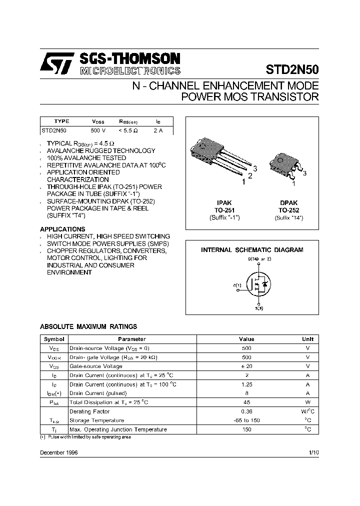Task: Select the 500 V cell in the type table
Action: pyautogui.click(x=98, y=130)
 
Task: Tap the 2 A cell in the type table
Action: pyautogui.click(x=158, y=130)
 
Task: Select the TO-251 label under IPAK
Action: pyautogui.click(x=224, y=210)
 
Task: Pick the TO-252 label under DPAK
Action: pyautogui.click(x=289, y=210)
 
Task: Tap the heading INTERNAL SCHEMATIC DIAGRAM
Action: pyautogui.click(x=252, y=249)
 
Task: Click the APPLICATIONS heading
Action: pyautogui.click(x=59, y=229)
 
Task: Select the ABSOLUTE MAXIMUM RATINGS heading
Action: pyautogui.click(x=88, y=326)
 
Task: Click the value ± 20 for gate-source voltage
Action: pyautogui.click(x=246, y=366)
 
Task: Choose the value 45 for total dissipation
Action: pyautogui.click(x=246, y=402)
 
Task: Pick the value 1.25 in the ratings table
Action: pyautogui.click(x=246, y=384)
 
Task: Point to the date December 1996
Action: pyautogui.click(x=59, y=451)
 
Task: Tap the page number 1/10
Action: pyautogui.click(x=313, y=451)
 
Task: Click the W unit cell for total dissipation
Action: pyautogui.click(x=308, y=402)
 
